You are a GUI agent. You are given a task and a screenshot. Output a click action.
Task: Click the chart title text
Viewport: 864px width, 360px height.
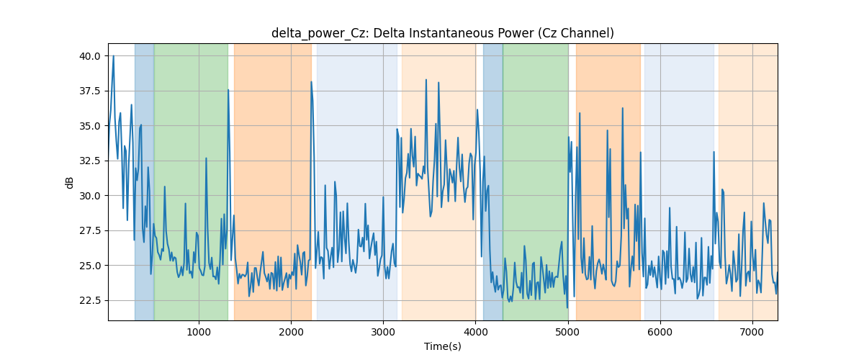442,33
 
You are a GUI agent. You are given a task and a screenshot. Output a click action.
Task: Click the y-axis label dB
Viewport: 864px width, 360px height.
69,182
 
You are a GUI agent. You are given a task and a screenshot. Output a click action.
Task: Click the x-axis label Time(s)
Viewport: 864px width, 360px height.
442,346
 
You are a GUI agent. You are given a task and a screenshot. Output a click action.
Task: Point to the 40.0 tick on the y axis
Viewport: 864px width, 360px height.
89,56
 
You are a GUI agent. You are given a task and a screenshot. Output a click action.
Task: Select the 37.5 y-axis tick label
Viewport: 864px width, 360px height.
89,91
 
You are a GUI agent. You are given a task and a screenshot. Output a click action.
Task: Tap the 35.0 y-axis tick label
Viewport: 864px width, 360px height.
89,126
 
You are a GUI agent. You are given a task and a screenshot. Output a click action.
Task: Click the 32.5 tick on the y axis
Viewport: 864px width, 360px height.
89,161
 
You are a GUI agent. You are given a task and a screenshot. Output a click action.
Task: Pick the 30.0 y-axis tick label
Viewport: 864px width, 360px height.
89,196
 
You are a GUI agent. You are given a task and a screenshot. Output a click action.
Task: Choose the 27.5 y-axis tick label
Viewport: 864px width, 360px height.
89,230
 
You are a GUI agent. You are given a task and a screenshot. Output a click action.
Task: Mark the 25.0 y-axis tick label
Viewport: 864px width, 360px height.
89,266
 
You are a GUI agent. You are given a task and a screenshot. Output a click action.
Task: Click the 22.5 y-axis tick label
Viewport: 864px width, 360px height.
89,300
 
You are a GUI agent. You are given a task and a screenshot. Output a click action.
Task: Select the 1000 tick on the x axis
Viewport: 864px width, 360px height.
199,332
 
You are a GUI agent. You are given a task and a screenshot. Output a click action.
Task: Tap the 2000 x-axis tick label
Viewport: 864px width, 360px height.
291,332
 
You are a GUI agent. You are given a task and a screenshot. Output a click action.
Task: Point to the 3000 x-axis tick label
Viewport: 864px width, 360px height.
383,332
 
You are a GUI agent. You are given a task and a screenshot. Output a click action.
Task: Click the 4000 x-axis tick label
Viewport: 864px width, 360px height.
475,332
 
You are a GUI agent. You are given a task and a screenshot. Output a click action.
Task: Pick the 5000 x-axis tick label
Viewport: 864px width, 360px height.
568,332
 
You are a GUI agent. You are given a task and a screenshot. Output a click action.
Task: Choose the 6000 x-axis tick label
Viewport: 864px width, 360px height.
660,332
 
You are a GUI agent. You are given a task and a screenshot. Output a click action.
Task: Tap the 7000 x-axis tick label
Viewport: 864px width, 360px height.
752,332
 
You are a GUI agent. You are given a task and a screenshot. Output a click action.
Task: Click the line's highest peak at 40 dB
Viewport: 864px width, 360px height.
114,56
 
